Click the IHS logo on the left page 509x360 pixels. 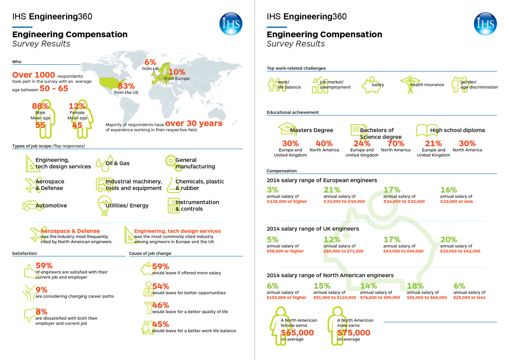pyautogui.click(x=231, y=24)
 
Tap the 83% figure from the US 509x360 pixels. pyautogui.click(x=126, y=86)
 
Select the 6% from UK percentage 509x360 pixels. pyautogui.click(x=150, y=62)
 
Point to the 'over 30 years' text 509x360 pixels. pyautogui.click(x=194, y=123)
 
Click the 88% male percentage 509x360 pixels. pyautogui.click(x=40, y=106)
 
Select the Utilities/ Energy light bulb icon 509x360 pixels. pyautogui.click(x=104, y=205)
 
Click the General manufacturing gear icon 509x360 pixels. pyautogui.click(x=170, y=161)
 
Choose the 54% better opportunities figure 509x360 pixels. pyautogui.click(x=160, y=286)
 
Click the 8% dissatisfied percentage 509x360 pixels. pyautogui.click(x=41, y=312)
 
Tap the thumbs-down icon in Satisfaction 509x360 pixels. pyautogui.click(x=30, y=314)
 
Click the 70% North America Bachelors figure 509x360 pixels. pyautogui.click(x=396, y=144)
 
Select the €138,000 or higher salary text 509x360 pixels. pyautogui.click(x=287, y=202)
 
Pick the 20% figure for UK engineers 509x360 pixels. pyautogui.click(x=449, y=240)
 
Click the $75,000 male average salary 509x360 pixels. pyautogui.click(x=354, y=333)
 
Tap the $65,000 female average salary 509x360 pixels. pyautogui.click(x=297, y=333)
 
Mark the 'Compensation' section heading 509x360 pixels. pyautogui.click(x=281, y=171)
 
